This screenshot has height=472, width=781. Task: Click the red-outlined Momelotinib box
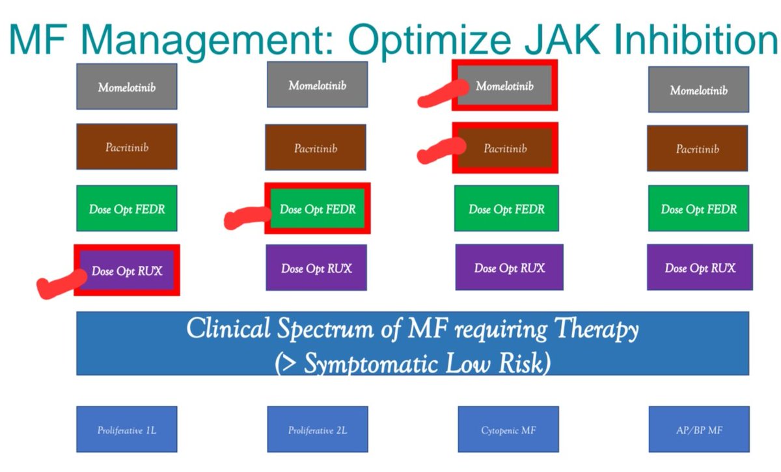coord(505,86)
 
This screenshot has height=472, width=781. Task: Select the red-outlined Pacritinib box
coord(505,148)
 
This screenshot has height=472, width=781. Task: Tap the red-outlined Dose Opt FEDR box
coord(318,209)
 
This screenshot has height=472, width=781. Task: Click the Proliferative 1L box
coord(126,429)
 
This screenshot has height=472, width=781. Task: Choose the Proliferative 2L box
coord(317,429)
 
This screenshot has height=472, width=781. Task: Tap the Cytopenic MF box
coord(508,429)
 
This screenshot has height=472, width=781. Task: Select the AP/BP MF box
coord(698,429)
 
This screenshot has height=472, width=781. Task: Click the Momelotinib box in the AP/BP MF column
coord(698,90)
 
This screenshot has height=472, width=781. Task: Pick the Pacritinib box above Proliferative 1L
coord(126,147)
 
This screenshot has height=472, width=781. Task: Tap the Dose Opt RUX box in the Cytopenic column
coord(509,267)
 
